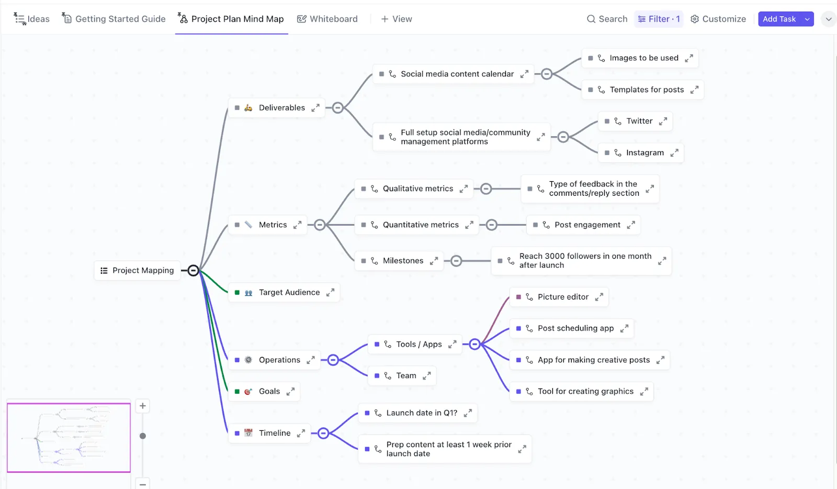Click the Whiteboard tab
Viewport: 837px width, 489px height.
(x=327, y=19)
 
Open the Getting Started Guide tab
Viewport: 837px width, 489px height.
(x=114, y=19)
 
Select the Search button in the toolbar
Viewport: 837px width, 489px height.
(x=607, y=19)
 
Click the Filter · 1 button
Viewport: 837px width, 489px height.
(x=659, y=19)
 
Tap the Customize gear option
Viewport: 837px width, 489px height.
(x=718, y=19)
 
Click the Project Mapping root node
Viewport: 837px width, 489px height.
(x=137, y=270)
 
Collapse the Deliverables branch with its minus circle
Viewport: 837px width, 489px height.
(x=337, y=108)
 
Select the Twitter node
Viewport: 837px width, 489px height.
(x=635, y=121)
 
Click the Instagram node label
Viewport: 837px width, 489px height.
(x=645, y=152)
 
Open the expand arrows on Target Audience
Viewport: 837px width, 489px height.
(x=330, y=292)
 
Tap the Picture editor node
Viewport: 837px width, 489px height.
(x=559, y=297)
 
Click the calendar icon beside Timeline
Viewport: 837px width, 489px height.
(x=248, y=433)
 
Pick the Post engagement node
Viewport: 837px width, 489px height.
(x=583, y=225)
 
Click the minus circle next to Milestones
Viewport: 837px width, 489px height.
(x=456, y=261)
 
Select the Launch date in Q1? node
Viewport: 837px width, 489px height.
(x=417, y=413)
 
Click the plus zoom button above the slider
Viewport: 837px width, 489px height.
(x=143, y=406)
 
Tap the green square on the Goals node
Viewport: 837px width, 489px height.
(x=237, y=392)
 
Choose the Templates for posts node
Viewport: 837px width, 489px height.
(x=643, y=90)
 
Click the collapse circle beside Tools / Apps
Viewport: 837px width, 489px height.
(x=474, y=344)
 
